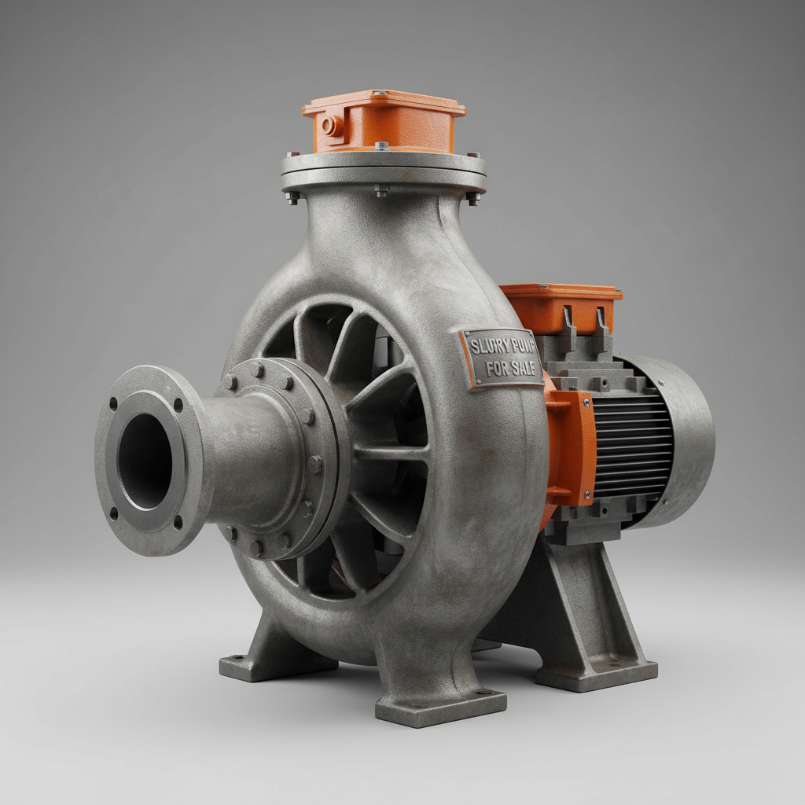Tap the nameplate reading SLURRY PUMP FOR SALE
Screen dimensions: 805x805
pos(501,358)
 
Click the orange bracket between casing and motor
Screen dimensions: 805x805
pos(569,448)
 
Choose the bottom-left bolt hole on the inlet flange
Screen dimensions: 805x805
pos(115,513)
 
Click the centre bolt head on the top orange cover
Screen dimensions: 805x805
pos(381,146)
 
